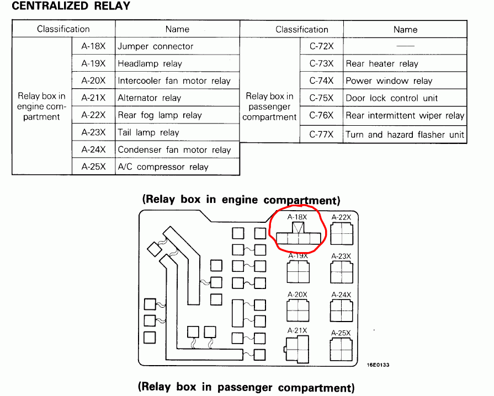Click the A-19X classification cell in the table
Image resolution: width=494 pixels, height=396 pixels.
pyautogui.click(x=94, y=63)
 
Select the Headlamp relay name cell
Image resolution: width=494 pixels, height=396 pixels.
pyautogui.click(x=177, y=63)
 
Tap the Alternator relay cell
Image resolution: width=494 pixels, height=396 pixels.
pyautogui.click(x=177, y=98)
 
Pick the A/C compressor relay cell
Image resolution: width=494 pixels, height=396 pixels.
pyautogui.click(x=177, y=167)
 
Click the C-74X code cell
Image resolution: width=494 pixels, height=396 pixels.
pyautogui.click(x=321, y=81)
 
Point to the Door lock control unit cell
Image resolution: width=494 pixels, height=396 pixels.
pyautogui.click(x=405, y=98)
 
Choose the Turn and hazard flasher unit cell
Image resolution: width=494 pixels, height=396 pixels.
pyautogui.click(x=405, y=135)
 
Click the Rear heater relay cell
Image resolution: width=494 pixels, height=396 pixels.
pyautogui.click(x=405, y=63)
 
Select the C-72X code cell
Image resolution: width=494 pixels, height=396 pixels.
pyautogui.click(x=321, y=46)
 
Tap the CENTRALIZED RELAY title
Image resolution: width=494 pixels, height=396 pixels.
pyautogui.click(x=71, y=6)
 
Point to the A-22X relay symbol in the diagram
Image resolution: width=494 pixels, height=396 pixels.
pyautogui.click(x=342, y=233)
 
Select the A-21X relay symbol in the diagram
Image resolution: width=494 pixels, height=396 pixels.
pyautogui.click(x=297, y=349)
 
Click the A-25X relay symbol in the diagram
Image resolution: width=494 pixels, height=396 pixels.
pyautogui.click(x=341, y=350)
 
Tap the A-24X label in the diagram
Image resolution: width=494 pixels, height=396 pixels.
pyautogui.click(x=341, y=295)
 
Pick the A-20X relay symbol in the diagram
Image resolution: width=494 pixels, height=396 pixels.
pyautogui.click(x=298, y=311)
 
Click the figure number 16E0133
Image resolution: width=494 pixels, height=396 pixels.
pyautogui.click(x=378, y=365)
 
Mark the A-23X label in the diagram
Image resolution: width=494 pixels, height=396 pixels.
pyautogui.click(x=341, y=256)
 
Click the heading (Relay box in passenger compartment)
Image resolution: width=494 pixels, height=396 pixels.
pyautogui.click(x=246, y=387)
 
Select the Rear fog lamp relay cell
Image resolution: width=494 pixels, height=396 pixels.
pyautogui.click(x=177, y=115)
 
